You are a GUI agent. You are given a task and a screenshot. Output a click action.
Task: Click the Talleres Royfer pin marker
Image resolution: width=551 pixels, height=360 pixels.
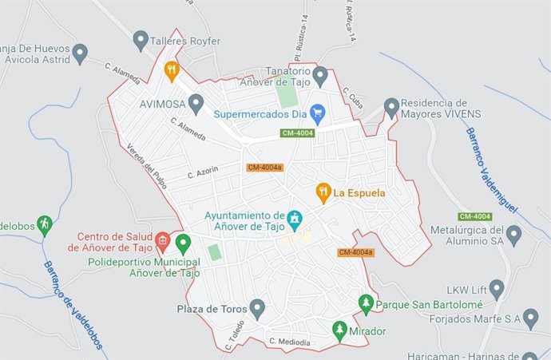pyautogui.click(x=141, y=39)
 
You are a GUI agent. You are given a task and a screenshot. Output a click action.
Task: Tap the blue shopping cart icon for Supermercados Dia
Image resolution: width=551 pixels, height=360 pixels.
pyautogui.click(x=317, y=114)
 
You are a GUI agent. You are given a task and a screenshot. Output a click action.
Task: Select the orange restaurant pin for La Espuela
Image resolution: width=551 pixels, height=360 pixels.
pyautogui.click(x=323, y=192)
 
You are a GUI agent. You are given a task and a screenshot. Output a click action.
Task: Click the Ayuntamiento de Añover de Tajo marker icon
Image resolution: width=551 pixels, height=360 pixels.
pyautogui.click(x=295, y=217)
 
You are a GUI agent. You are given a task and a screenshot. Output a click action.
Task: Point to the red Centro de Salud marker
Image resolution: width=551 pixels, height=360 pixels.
pyautogui.click(x=163, y=239)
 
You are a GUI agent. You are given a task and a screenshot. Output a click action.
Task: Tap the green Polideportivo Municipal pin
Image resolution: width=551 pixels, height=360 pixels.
pyautogui.click(x=183, y=242)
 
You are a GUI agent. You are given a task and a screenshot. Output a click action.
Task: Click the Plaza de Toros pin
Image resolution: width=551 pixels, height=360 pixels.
pyautogui.click(x=256, y=307)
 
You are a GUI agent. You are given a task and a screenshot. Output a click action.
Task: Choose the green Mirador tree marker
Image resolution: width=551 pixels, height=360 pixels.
pyautogui.click(x=339, y=330)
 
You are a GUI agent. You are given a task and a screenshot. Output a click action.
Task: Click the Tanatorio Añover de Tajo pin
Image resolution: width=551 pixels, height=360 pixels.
pyautogui.click(x=320, y=76)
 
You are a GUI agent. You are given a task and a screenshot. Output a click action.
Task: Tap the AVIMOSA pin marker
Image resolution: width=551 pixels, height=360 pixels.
pyautogui.click(x=196, y=102)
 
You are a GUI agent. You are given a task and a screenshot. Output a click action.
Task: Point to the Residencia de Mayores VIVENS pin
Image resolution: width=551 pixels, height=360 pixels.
pyautogui.click(x=390, y=106)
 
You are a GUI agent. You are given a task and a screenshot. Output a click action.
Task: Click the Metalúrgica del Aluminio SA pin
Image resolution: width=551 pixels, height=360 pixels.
pyautogui.click(x=513, y=233)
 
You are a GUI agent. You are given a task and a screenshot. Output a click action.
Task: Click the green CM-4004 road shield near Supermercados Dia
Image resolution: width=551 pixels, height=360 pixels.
pyautogui.click(x=297, y=133)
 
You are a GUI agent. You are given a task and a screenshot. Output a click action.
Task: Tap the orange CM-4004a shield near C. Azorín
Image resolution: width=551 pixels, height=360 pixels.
pyautogui.click(x=264, y=167)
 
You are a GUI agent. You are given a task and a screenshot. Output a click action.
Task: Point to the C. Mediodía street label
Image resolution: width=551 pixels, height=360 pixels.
pyautogui.click(x=290, y=342)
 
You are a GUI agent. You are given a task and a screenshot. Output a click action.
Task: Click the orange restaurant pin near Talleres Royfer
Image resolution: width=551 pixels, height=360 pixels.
pyautogui.click(x=171, y=71)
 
